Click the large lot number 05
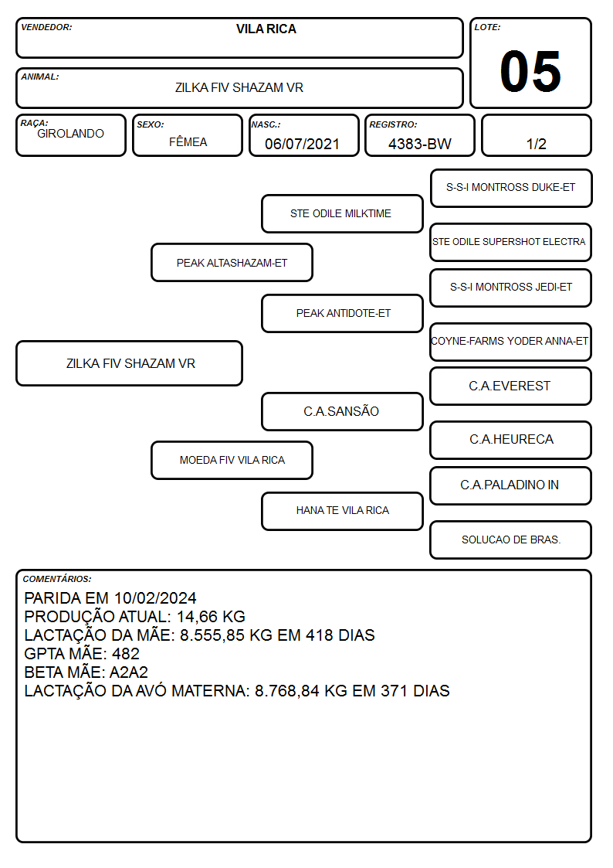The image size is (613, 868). [x=530, y=71]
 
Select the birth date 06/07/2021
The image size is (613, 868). [x=302, y=144]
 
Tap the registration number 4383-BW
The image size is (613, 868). [x=419, y=144]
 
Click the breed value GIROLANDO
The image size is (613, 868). [x=70, y=134]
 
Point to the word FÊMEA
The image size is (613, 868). [x=188, y=141]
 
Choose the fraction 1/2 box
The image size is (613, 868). [x=536, y=135]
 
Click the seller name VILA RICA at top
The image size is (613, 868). [x=266, y=29]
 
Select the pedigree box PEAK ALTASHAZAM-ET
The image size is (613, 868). [x=232, y=262]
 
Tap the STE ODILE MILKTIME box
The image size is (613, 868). [x=342, y=213]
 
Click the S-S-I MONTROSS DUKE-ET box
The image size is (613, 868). [x=511, y=189]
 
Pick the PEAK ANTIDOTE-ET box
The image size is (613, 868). [x=342, y=313]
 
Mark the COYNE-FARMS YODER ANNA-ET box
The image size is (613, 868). [x=511, y=342]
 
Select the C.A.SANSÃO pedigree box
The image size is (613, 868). [x=342, y=411]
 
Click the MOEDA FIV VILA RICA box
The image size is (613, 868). [x=232, y=460]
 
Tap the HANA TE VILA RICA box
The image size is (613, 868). [x=342, y=511]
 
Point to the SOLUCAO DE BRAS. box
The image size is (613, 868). [x=511, y=540]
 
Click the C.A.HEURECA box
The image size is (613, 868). [x=511, y=440]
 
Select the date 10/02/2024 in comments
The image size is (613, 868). [x=155, y=597]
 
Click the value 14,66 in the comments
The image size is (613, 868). [x=198, y=617]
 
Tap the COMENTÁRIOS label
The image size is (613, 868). [x=57, y=579]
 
